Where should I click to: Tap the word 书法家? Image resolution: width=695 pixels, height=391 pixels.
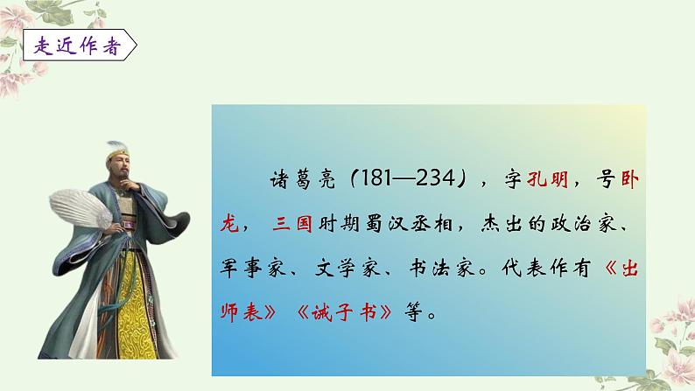[459, 268]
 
